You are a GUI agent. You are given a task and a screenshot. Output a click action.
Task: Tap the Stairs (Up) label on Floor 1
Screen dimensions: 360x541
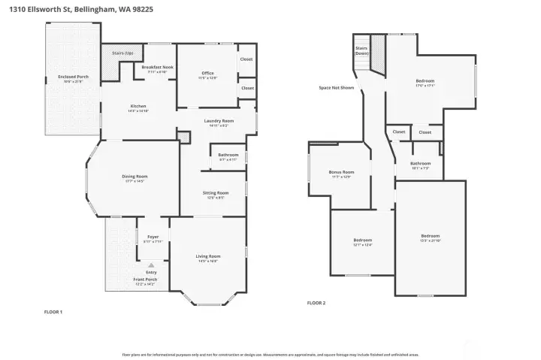coord(122,53)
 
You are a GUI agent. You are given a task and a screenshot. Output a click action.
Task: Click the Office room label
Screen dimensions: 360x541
coord(207,74)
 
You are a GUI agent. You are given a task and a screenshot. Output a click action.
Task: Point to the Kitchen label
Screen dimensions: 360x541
coord(138,107)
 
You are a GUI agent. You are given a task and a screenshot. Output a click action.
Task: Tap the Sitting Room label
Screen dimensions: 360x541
coord(215,193)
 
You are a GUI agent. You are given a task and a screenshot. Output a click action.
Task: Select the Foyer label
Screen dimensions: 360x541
coord(153,237)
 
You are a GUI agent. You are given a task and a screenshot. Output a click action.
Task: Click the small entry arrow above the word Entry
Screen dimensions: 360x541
coord(151,265)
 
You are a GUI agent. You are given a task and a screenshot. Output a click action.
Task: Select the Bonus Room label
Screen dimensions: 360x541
coord(340,172)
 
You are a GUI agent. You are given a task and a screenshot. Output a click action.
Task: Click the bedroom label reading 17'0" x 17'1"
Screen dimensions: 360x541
coord(425,81)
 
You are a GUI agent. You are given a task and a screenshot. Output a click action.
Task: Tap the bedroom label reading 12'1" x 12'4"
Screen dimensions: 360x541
coord(362,241)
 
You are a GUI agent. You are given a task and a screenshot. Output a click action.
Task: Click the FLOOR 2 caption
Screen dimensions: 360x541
coord(316,303)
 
